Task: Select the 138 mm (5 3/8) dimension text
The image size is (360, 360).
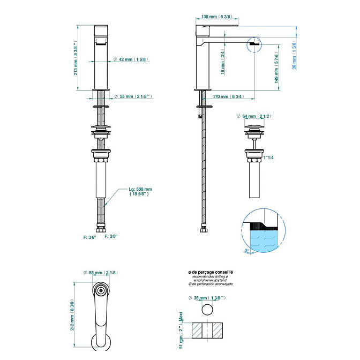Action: click(213, 17)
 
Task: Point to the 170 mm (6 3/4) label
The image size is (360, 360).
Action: click(228, 97)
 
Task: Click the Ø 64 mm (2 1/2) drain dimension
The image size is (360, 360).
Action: click(254, 116)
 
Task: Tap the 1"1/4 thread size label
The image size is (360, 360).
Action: click(269, 157)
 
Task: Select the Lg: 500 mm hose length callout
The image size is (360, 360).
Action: click(140, 192)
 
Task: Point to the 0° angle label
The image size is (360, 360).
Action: click(247, 250)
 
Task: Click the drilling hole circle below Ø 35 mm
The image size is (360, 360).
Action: click(207, 310)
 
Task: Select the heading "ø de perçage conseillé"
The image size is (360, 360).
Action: click(211, 272)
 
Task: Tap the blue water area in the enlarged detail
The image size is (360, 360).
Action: click(262, 239)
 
